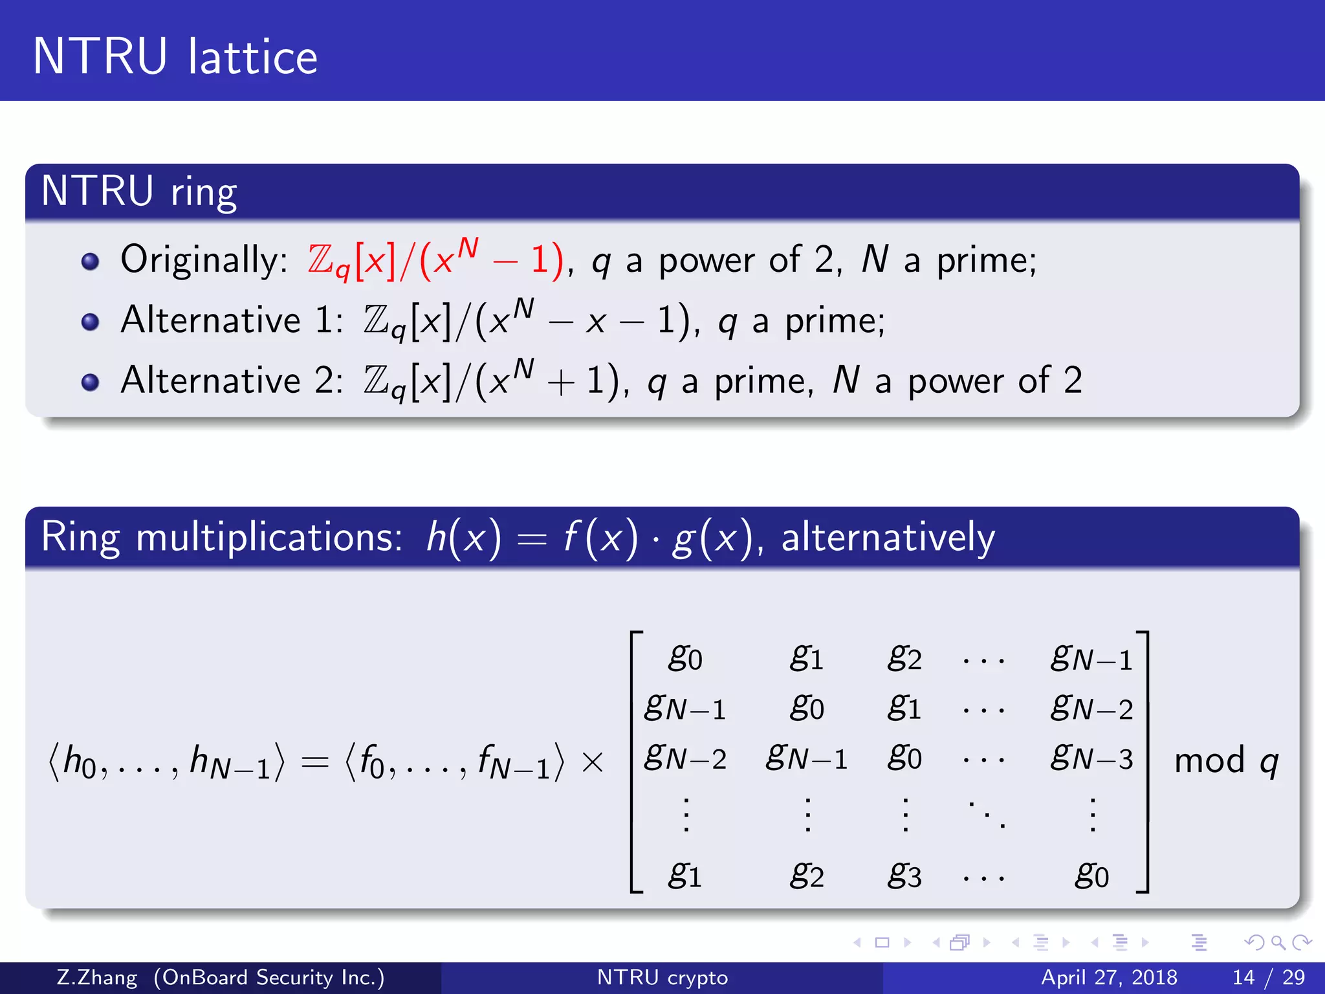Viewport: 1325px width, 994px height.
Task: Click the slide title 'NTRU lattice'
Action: (175, 57)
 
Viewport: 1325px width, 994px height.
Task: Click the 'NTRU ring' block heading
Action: (139, 192)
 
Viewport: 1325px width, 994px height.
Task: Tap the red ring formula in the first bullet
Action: (435, 260)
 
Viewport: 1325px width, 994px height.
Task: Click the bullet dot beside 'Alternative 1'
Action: (91, 322)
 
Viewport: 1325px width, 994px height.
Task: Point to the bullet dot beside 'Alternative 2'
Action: (91, 382)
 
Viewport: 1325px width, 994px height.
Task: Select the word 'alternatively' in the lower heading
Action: (888, 537)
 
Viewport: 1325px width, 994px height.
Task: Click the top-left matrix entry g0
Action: (684, 658)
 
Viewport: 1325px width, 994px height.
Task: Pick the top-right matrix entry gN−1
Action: (1091, 658)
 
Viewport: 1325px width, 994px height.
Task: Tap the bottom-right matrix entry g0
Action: (1091, 876)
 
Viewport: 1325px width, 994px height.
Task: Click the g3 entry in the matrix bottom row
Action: (904, 876)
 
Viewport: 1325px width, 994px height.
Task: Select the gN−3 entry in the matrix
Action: (1091, 757)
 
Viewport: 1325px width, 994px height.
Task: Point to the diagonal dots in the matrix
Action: (985, 814)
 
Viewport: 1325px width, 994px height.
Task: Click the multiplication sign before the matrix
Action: (593, 762)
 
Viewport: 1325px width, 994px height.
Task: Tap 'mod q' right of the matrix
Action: (1226, 761)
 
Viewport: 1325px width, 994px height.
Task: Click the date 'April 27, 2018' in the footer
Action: (1109, 977)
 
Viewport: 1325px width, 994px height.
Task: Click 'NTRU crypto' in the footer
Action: (662, 977)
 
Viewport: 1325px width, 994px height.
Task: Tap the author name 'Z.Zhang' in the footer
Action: (97, 977)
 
